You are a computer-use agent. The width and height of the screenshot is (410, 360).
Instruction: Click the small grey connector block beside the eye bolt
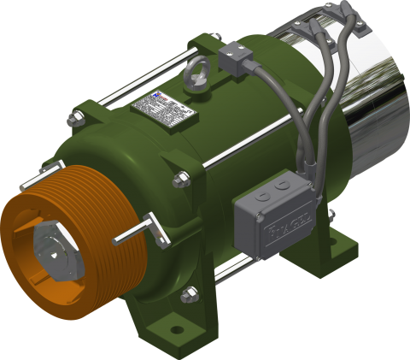pos(233,58)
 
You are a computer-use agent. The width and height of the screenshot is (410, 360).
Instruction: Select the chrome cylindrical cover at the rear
pos(367,94)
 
